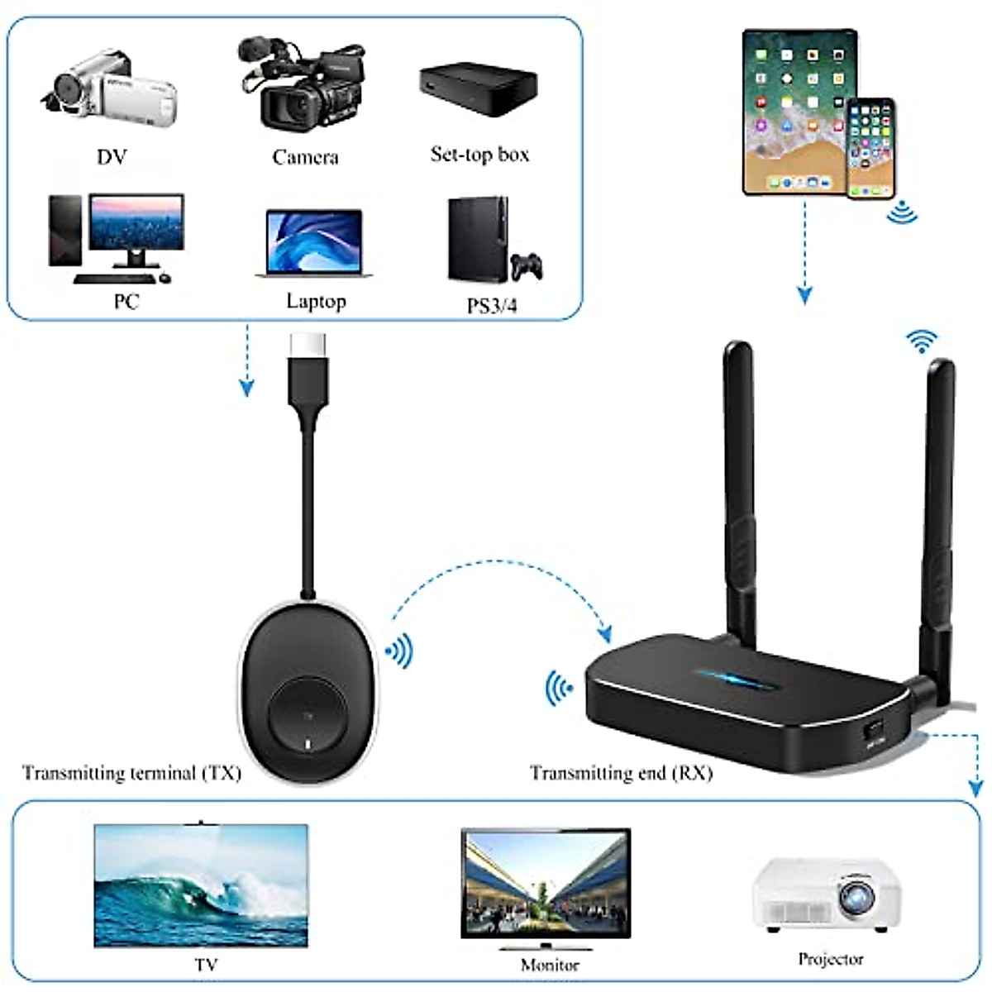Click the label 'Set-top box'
coord(479,155)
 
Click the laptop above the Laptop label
coord(314,244)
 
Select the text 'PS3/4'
coord(492,306)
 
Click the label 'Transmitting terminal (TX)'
coord(131,773)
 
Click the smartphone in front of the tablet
coord(870,149)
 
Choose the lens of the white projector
coord(856,894)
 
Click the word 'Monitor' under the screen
coord(550,965)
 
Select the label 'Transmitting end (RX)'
coord(621,773)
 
